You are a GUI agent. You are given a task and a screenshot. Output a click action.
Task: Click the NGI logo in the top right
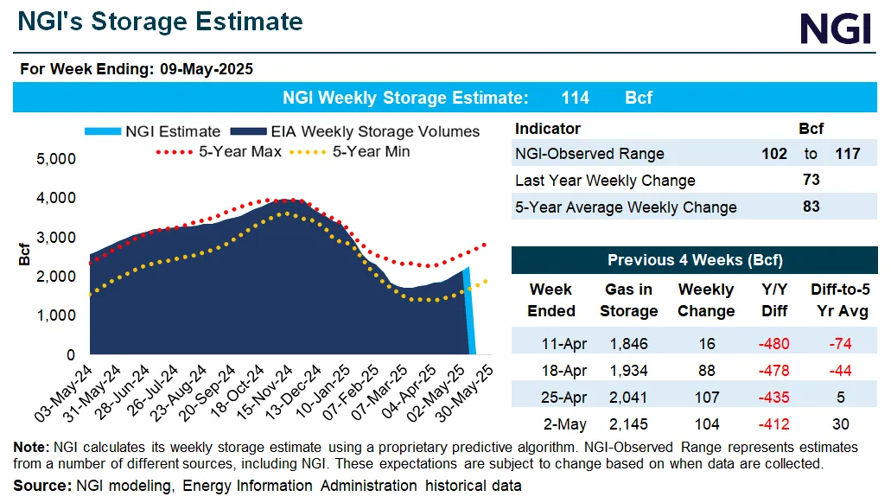click(835, 28)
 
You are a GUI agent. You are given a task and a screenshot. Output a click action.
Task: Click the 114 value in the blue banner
click(575, 98)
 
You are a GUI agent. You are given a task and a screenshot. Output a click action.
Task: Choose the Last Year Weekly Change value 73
click(811, 181)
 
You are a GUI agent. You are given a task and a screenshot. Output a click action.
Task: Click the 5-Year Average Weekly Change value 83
click(811, 207)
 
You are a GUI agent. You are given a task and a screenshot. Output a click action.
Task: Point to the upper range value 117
click(847, 154)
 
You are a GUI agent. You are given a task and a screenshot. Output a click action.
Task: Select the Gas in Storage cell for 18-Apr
click(628, 371)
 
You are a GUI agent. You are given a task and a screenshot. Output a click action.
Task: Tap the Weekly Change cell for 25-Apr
click(706, 398)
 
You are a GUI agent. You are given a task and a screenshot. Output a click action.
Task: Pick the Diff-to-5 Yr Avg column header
click(838, 300)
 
